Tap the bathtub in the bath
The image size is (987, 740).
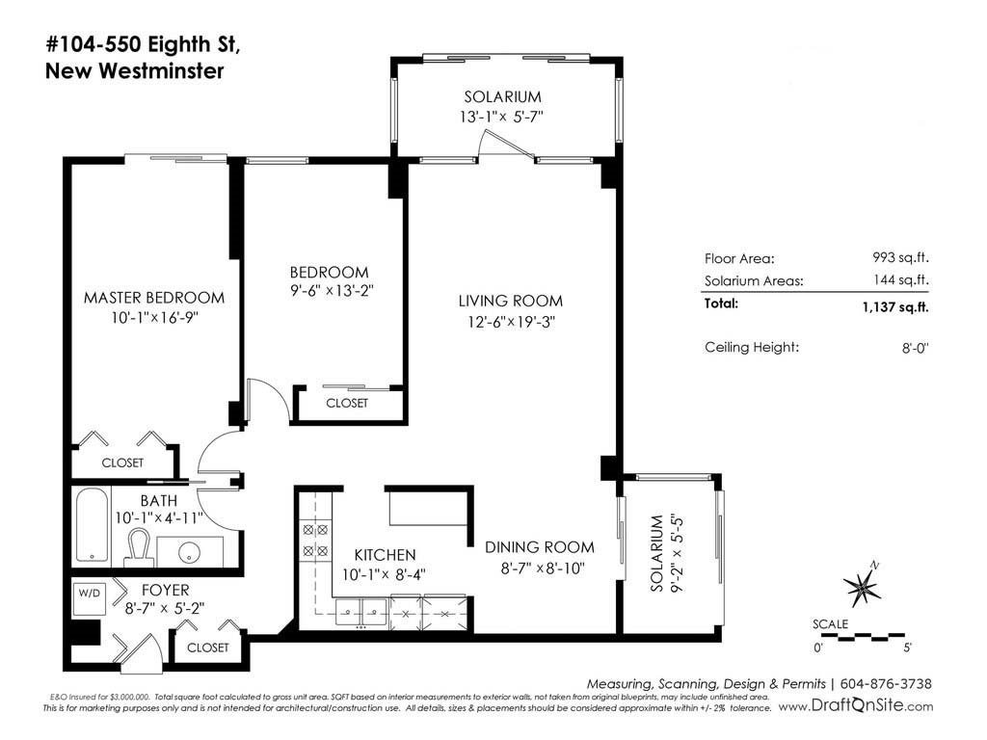click(x=92, y=525)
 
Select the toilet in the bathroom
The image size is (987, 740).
click(x=139, y=546)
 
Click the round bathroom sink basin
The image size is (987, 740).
click(x=189, y=552)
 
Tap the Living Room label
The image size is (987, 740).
click(x=511, y=301)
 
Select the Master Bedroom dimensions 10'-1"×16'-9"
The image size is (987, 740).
click(x=155, y=318)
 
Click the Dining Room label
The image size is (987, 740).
click(x=540, y=547)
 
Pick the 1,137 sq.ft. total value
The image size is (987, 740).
click(x=895, y=307)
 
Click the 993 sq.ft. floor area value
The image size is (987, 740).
click(x=900, y=257)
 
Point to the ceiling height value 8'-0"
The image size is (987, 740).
click(x=916, y=347)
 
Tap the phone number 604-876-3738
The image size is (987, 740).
click(x=886, y=684)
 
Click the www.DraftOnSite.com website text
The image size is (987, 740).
click(x=856, y=706)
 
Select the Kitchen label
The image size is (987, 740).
click(x=385, y=555)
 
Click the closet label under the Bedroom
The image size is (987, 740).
click(x=347, y=403)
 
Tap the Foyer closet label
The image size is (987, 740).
click(x=208, y=647)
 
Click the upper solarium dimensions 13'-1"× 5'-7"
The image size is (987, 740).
click(x=501, y=117)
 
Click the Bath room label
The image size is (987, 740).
click(x=159, y=501)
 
